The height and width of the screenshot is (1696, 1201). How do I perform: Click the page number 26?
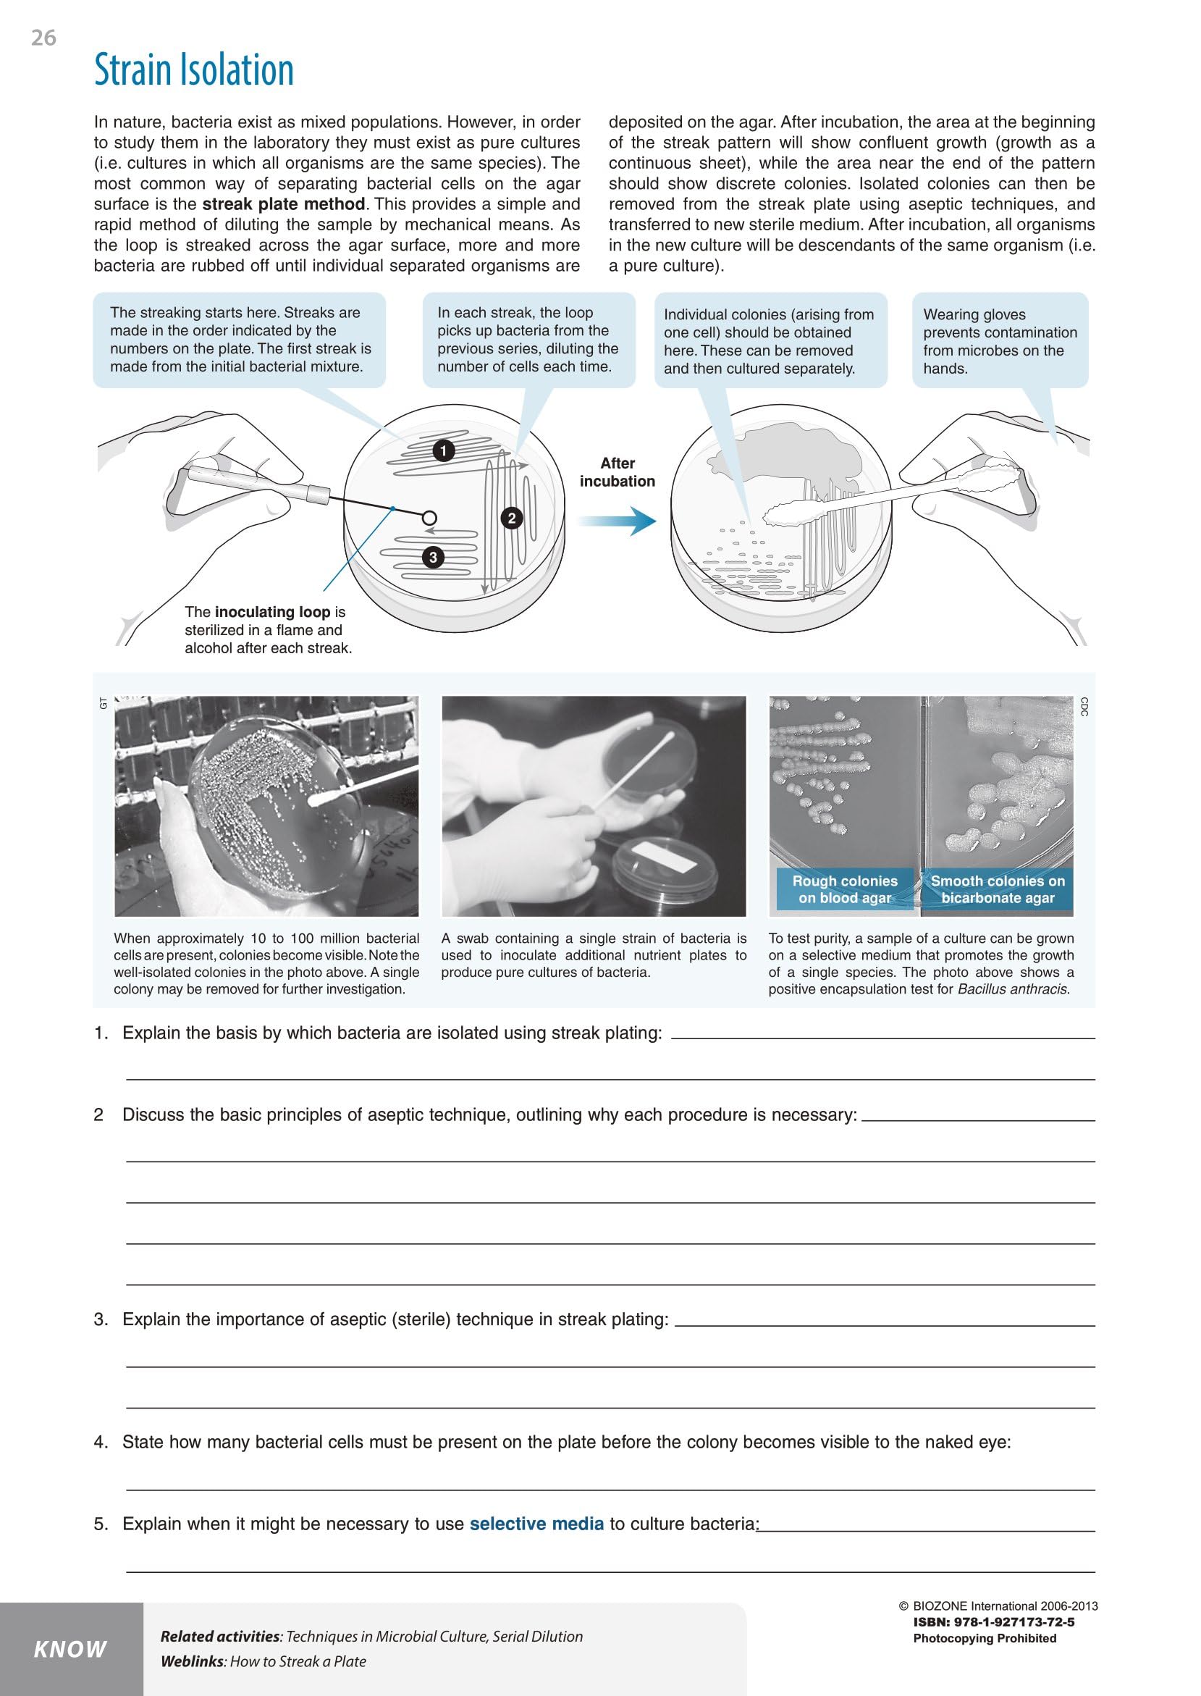tap(43, 38)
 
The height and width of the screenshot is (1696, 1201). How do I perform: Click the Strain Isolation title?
tap(194, 70)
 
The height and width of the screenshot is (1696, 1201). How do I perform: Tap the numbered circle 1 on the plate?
tap(443, 450)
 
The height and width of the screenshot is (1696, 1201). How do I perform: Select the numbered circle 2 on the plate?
tap(512, 518)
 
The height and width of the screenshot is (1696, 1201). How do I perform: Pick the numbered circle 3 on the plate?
tap(433, 557)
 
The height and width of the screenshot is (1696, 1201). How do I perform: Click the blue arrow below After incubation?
tap(617, 521)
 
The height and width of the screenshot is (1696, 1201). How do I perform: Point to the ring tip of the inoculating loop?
tap(429, 518)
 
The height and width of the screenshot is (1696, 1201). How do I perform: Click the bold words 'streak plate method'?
tap(283, 204)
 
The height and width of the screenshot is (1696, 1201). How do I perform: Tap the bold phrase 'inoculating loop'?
tap(272, 612)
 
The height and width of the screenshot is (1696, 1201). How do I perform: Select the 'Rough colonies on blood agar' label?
tap(845, 889)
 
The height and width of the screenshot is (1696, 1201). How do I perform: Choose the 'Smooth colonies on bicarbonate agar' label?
tap(998, 889)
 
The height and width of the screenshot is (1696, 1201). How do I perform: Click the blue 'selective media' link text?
tap(536, 1524)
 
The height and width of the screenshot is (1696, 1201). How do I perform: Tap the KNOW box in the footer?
tap(71, 1649)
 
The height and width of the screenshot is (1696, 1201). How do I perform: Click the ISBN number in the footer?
tap(994, 1622)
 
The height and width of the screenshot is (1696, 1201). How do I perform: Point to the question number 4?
tap(100, 1442)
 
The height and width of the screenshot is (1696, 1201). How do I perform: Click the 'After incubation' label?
tap(617, 472)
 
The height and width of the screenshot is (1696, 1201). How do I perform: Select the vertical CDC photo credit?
tap(1084, 706)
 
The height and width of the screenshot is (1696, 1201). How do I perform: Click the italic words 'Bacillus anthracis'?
tap(1013, 989)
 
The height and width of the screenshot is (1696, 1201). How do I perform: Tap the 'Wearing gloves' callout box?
tap(1000, 341)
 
